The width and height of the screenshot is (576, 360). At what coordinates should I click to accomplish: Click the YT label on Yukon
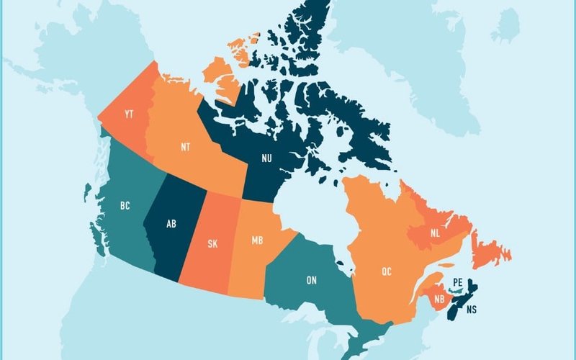coord(129,114)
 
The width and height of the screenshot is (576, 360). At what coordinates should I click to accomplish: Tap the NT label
coord(185,148)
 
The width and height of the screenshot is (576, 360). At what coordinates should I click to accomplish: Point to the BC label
coord(125,206)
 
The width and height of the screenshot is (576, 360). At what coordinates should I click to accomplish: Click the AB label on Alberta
coord(171,224)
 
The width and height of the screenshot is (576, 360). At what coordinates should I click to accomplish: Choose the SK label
coord(212,243)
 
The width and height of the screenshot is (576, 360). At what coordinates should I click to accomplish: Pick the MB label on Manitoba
coord(256,239)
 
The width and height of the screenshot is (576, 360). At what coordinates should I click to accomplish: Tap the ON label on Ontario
coord(311,279)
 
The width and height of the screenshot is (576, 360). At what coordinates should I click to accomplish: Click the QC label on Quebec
coord(387,271)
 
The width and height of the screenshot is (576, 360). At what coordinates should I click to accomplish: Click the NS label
coord(471,310)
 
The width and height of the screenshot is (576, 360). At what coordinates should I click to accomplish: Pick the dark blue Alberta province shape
coord(170,245)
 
